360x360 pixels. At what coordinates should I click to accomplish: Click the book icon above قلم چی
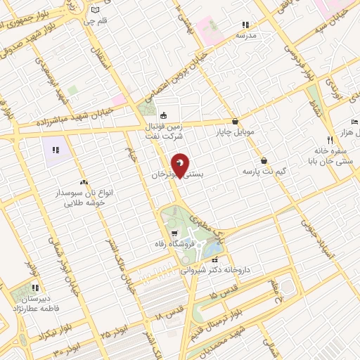click(96, 10)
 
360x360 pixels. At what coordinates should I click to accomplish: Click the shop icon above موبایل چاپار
click(235, 121)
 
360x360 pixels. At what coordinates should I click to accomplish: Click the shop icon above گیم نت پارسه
click(264, 160)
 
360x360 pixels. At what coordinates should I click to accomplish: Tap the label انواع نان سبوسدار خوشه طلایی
click(83, 197)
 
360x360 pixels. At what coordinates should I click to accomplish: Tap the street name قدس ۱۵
click(224, 288)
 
